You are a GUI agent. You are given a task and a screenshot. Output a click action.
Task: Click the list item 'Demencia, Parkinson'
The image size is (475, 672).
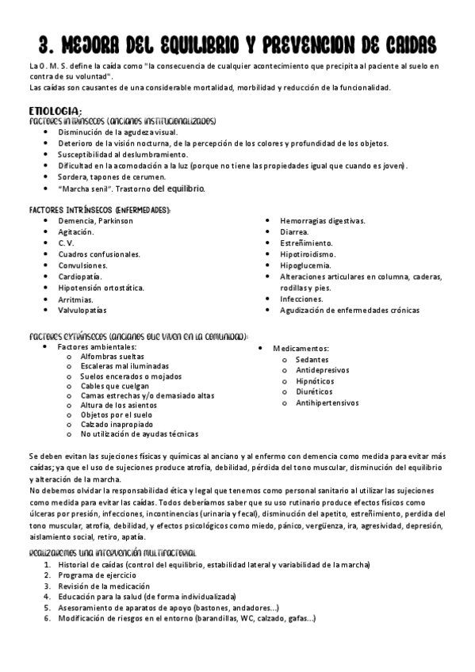[96, 220]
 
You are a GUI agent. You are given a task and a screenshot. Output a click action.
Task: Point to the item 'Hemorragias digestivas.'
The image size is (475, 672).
[322, 220]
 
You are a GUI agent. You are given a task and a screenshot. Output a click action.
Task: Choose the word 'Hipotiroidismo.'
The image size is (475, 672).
[308, 254]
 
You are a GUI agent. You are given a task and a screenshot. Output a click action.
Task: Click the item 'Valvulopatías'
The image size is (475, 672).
[82, 311]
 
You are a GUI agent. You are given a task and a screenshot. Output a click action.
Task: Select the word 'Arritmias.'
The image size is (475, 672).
[75, 300]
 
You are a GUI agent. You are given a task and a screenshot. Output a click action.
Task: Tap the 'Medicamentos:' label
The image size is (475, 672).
[301, 349]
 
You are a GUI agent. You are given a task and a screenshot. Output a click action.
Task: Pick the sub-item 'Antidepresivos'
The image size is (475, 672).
[322, 370]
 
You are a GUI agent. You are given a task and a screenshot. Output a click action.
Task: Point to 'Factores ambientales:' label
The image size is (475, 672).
[98, 346]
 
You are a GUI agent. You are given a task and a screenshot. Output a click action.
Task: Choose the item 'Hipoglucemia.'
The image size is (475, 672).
[307, 265]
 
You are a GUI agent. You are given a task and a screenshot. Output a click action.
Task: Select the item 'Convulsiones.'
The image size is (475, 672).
[83, 265]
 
